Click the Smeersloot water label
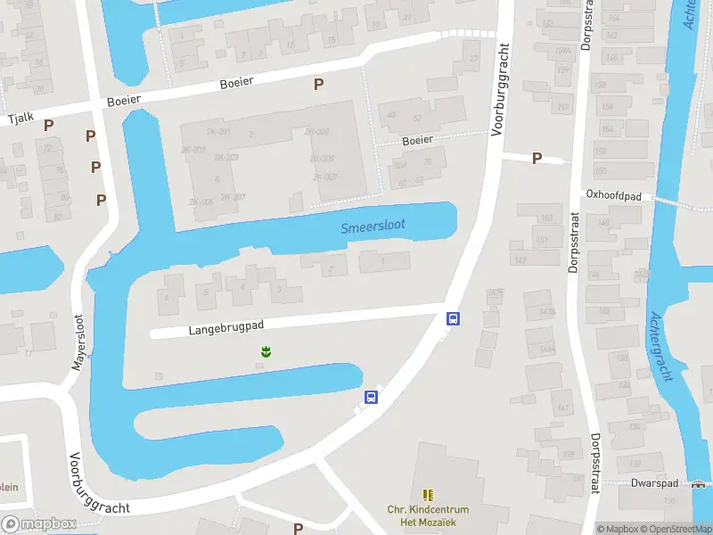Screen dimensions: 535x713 (x=373, y=226)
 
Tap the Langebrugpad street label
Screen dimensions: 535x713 (x=227, y=329)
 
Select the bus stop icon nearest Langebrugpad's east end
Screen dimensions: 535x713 (x=453, y=319)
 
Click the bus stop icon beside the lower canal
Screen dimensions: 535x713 (x=371, y=398)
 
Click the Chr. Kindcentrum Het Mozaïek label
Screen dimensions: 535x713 (x=428, y=516)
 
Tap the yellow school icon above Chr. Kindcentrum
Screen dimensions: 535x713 (x=428, y=494)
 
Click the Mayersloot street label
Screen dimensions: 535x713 (x=78, y=342)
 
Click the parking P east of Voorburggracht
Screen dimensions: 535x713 (x=537, y=158)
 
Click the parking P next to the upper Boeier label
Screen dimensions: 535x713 (x=318, y=84)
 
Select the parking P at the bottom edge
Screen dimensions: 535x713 (x=298, y=528)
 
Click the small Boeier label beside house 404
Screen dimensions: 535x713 (x=417, y=140)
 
